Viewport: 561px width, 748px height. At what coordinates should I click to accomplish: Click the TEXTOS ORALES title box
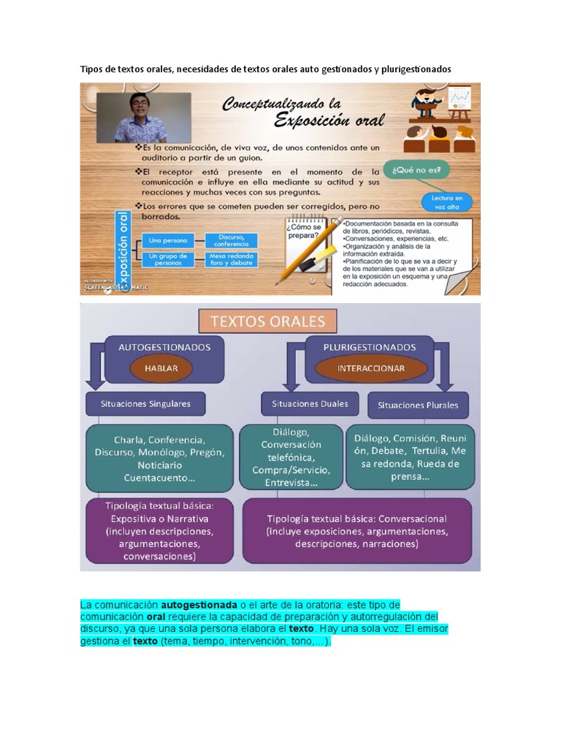268,321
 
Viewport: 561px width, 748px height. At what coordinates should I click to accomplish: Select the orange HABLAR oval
161,368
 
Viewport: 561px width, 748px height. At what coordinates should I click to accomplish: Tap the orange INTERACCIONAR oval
370,368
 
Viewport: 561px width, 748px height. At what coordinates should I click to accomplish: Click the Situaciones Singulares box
146,403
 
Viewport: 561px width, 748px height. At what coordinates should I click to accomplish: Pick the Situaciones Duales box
310,403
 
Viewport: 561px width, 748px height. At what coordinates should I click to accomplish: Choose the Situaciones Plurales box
418,405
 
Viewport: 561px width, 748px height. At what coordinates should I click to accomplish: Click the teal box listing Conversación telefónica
291,457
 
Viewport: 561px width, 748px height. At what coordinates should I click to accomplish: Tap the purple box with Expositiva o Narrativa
159,530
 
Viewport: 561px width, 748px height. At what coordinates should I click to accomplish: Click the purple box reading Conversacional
356,530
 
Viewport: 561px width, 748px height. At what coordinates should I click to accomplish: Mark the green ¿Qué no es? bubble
420,171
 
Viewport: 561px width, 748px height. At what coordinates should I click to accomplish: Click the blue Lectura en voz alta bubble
446,202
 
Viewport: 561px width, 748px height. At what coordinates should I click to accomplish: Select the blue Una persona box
167,240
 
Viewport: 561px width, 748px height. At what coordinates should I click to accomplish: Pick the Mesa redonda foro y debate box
231,259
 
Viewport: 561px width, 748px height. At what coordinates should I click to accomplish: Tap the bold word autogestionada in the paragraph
199,605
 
